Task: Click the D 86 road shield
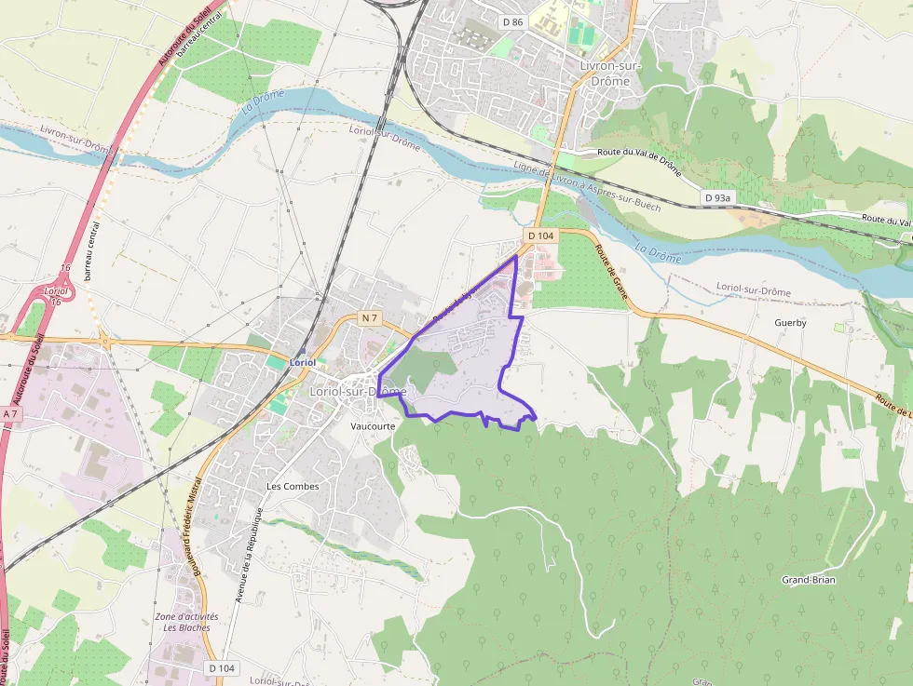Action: tap(511, 21)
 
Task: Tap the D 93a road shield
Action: tap(718, 198)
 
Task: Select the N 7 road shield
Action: tap(370, 318)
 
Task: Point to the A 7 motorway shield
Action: tap(10, 413)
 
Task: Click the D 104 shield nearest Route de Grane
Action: tap(540, 235)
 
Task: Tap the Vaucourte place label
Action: tap(373, 426)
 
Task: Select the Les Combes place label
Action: tap(293, 486)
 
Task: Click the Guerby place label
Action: tap(790, 323)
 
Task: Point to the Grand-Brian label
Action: tap(808, 580)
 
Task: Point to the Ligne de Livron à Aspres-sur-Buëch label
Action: tap(587, 186)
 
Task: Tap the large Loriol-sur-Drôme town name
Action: tap(358, 392)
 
